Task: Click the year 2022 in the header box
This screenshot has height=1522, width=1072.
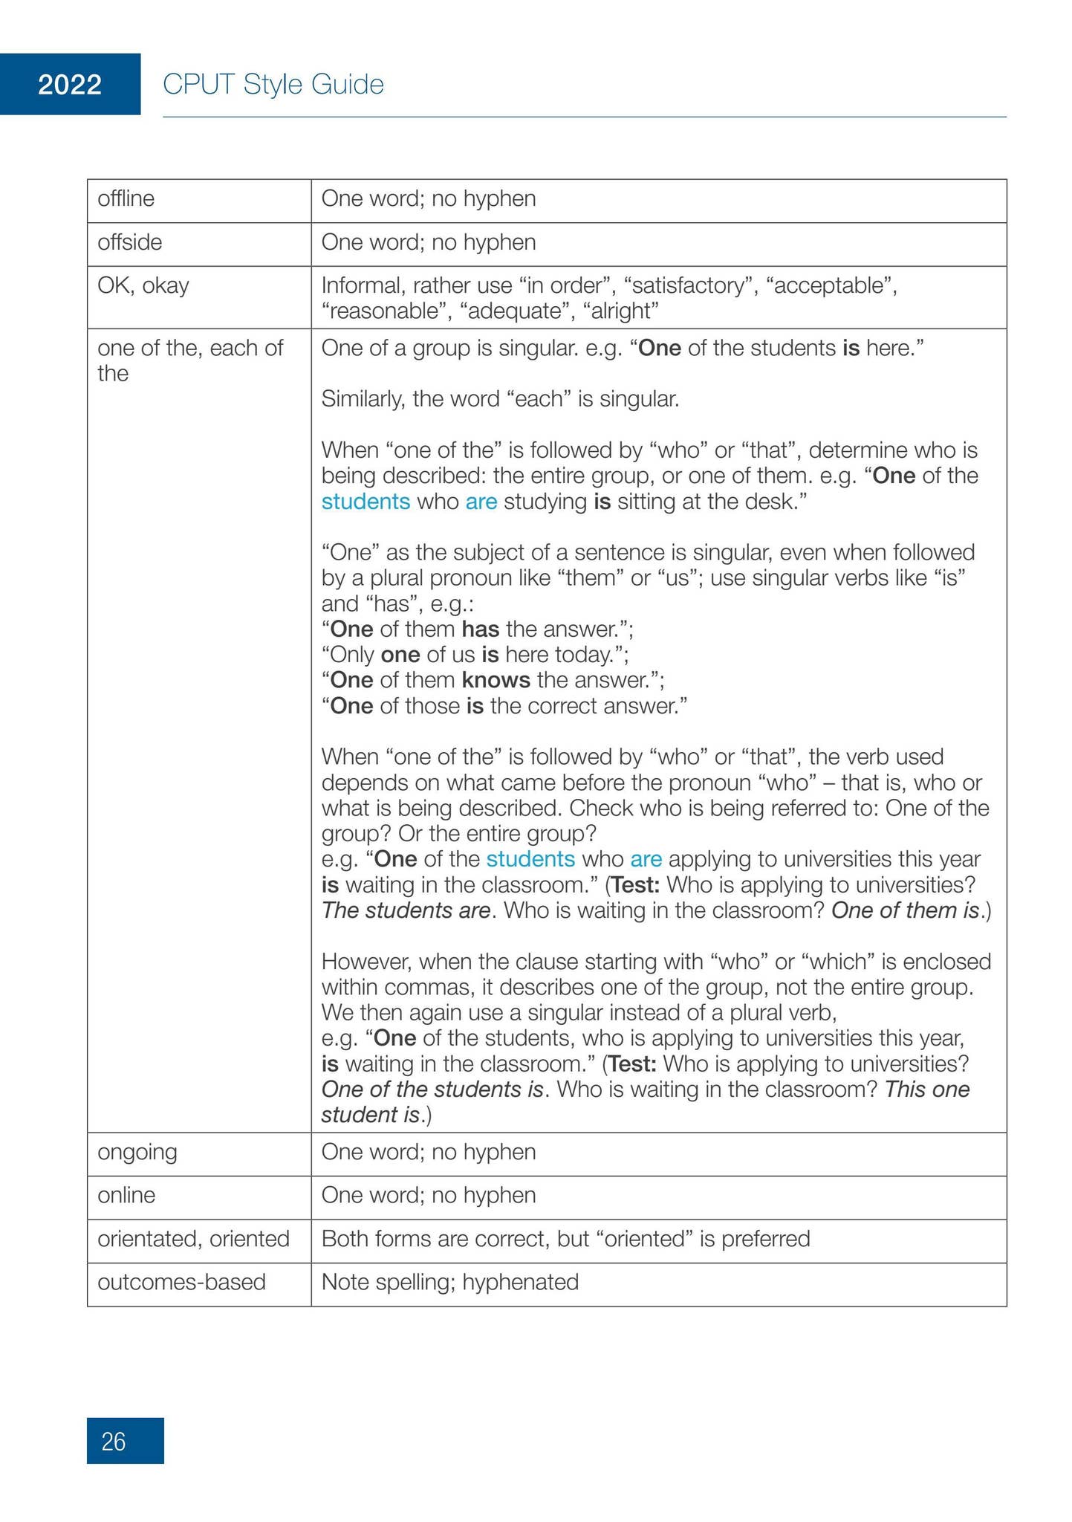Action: [x=70, y=85]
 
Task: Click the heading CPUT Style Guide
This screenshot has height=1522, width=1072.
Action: [x=273, y=85]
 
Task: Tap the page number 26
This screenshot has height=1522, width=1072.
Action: [x=114, y=1442]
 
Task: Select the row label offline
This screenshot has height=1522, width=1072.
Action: [x=126, y=199]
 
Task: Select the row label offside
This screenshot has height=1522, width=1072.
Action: [x=129, y=242]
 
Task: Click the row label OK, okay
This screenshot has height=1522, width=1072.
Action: [x=143, y=285]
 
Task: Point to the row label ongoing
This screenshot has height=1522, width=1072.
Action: [x=137, y=1152]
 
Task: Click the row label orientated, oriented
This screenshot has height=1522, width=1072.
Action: [x=193, y=1238]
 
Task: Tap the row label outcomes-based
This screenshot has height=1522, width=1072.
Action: [x=181, y=1282]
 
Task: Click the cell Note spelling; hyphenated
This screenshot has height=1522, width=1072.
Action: [x=449, y=1282]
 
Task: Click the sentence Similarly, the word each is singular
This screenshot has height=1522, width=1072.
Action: [x=500, y=400]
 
